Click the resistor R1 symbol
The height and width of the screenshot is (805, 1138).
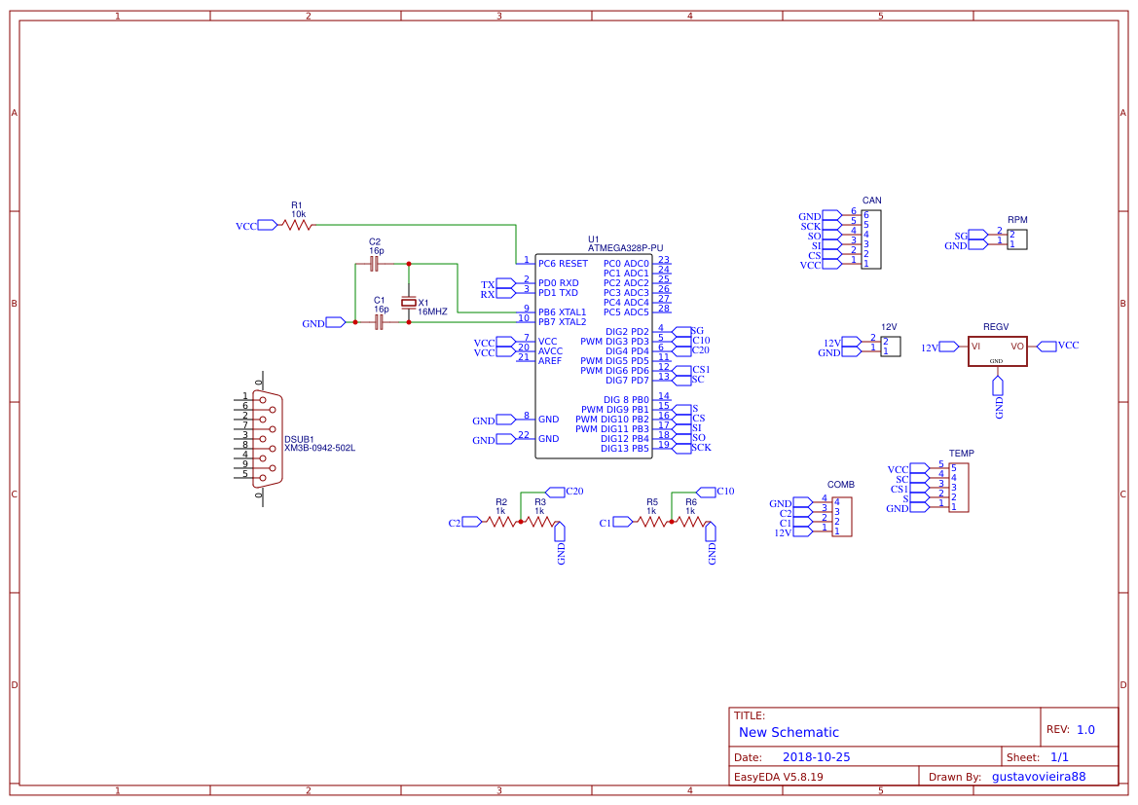(x=297, y=225)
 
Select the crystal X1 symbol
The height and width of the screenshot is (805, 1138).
(x=409, y=303)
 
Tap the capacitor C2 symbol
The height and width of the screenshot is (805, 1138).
(x=375, y=263)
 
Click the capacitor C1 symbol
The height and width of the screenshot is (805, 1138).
(x=379, y=321)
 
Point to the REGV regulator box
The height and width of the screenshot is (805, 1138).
(x=998, y=349)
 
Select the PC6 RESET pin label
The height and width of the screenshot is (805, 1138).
(x=563, y=263)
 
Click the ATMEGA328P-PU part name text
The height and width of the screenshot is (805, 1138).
(x=625, y=248)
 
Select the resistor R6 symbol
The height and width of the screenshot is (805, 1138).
(x=690, y=522)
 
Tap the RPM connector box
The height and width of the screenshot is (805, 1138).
(x=1017, y=239)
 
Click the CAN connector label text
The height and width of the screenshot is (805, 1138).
(x=871, y=201)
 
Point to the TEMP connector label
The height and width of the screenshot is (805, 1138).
(x=961, y=454)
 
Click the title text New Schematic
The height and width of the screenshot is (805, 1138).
(x=789, y=732)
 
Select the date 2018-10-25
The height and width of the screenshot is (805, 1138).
(x=816, y=756)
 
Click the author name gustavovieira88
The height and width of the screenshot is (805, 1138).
(x=1038, y=777)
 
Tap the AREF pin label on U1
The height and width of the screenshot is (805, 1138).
(x=550, y=360)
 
